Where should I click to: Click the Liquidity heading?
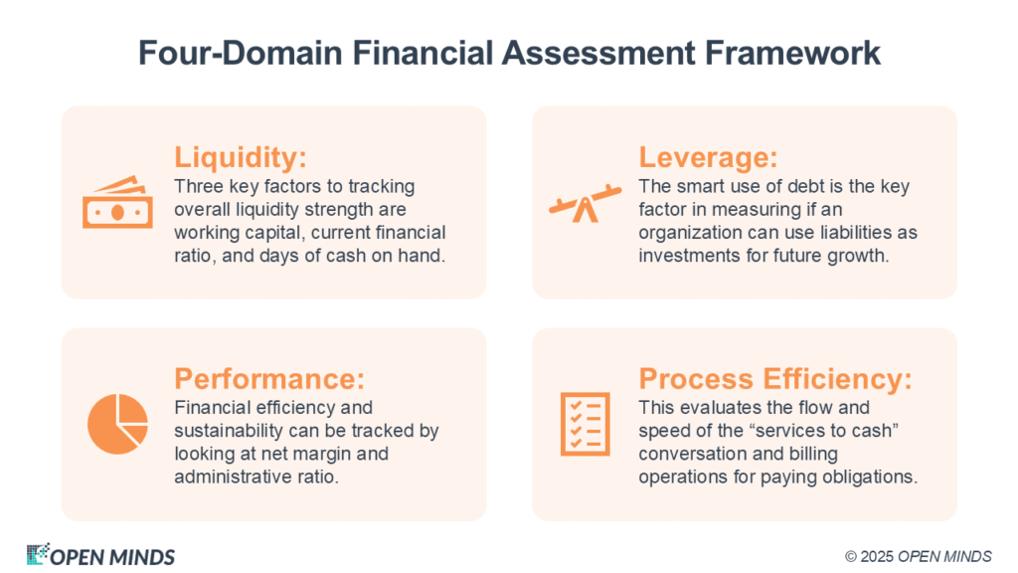(x=241, y=158)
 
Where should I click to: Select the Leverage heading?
(x=708, y=158)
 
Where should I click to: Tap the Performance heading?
(x=269, y=379)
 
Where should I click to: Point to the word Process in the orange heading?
(x=696, y=379)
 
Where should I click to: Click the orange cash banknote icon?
(x=117, y=202)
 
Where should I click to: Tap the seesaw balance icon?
(x=585, y=204)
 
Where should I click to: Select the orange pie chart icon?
(x=117, y=424)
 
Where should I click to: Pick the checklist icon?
(x=585, y=424)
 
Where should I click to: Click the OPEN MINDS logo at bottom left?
(x=100, y=555)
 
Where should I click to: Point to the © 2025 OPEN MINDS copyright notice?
(x=918, y=557)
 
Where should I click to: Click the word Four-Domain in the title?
(x=241, y=54)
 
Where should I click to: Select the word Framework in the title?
(x=792, y=54)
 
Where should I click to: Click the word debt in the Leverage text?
(x=804, y=187)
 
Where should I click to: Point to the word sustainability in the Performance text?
(x=229, y=432)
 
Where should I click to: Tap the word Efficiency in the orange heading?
(x=837, y=379)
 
